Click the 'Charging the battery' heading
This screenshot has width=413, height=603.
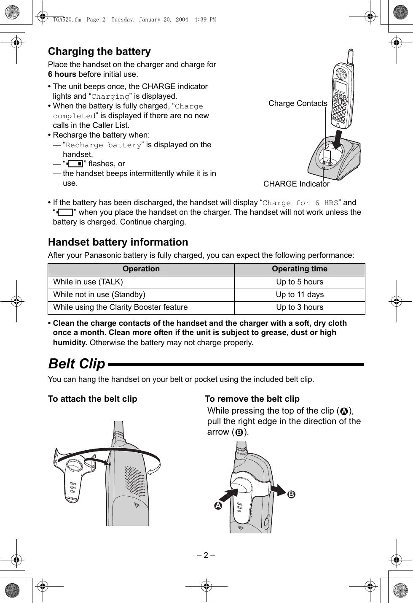tap(99, 51)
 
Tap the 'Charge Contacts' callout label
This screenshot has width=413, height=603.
tap(298, 103)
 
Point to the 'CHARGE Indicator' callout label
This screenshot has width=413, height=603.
tap(296, 184)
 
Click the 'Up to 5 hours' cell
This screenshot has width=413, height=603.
tap(300, 282)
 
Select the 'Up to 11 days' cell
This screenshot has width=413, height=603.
tap(300, 295)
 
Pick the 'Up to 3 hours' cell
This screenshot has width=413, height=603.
tap(300, 307)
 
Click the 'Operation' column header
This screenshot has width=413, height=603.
tap(141, 269)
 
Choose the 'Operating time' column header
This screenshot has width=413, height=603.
tap(300, 269)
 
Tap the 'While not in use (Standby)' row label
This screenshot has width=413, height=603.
tap(99, 295)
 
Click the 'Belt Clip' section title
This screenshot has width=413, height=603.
tap(77, 364)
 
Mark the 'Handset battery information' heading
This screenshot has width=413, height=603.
tap(118, 242)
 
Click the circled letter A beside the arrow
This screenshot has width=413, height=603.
tap(218, 506)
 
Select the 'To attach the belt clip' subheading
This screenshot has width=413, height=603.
tap(92, 399)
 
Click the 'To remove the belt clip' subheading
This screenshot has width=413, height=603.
tap(252, 399)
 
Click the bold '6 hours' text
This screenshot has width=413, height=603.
tap(62, 74)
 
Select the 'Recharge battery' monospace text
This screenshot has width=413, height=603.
tap(102, 145)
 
